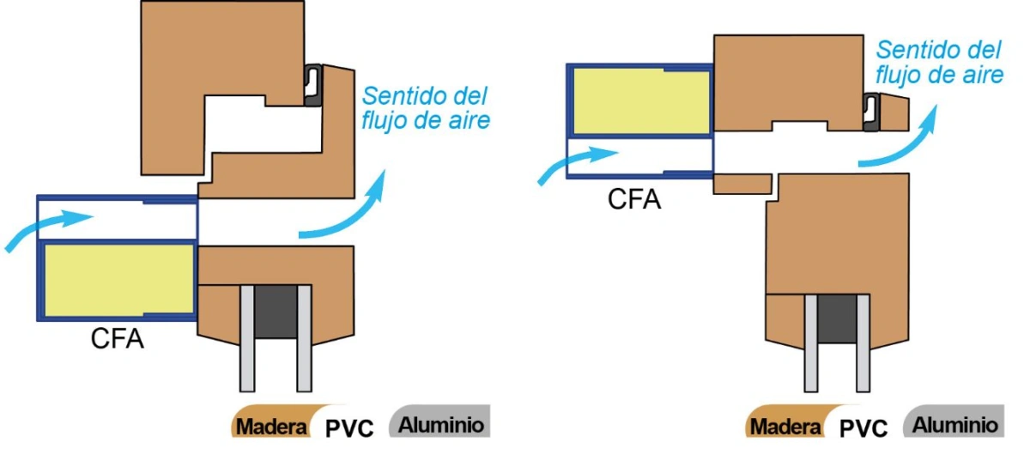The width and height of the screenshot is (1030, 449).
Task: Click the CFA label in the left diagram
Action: click(x=118, y=338)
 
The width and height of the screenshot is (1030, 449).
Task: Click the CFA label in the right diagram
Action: click(x=634, y=199)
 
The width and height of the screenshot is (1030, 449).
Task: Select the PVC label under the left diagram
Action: click(x=349, y=428)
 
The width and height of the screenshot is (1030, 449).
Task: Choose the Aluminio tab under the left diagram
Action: click(x=440, y=421)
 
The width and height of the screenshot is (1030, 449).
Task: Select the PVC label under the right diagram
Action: click(x=863, y=428)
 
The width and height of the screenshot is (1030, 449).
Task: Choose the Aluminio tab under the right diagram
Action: click(x=954, y=421)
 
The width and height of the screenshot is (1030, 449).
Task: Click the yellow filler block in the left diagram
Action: click(x=118, y=279)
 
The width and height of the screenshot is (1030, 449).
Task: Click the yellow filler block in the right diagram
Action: click(x=641, y=101)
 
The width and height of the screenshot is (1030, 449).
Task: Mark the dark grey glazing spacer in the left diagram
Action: click(x=276, y=312)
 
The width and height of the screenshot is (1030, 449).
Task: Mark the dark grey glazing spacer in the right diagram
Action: click(x=837, y=319)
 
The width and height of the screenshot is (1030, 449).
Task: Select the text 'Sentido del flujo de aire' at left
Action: click(x=426, y=108)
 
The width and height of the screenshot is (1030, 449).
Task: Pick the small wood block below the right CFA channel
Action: click(x=742, y=184)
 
